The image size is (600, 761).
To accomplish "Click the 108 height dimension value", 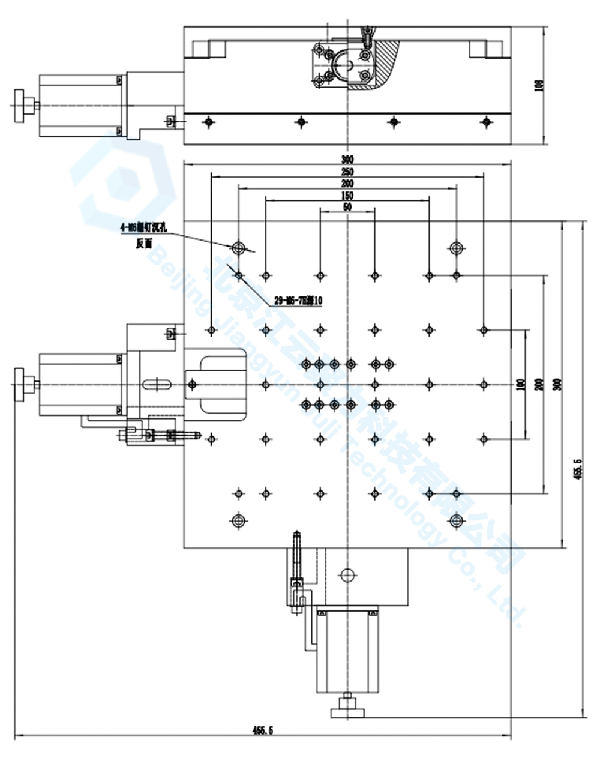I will (538, 86).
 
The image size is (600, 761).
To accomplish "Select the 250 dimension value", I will (347, 172).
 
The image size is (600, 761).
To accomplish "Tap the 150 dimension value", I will (347, 196).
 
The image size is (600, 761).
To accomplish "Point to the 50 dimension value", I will (347, 207).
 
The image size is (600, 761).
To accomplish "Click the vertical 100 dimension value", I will (520, 384).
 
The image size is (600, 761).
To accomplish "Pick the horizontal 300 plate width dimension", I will (347, 159).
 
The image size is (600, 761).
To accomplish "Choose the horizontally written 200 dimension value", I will (347, 183).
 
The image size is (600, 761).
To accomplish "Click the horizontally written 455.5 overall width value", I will (262, 730).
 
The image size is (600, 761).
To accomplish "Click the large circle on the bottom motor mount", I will (347, 574).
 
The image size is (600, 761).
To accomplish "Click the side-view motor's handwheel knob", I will (23, 106).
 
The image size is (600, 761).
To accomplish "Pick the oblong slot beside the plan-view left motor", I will (159, 384).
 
